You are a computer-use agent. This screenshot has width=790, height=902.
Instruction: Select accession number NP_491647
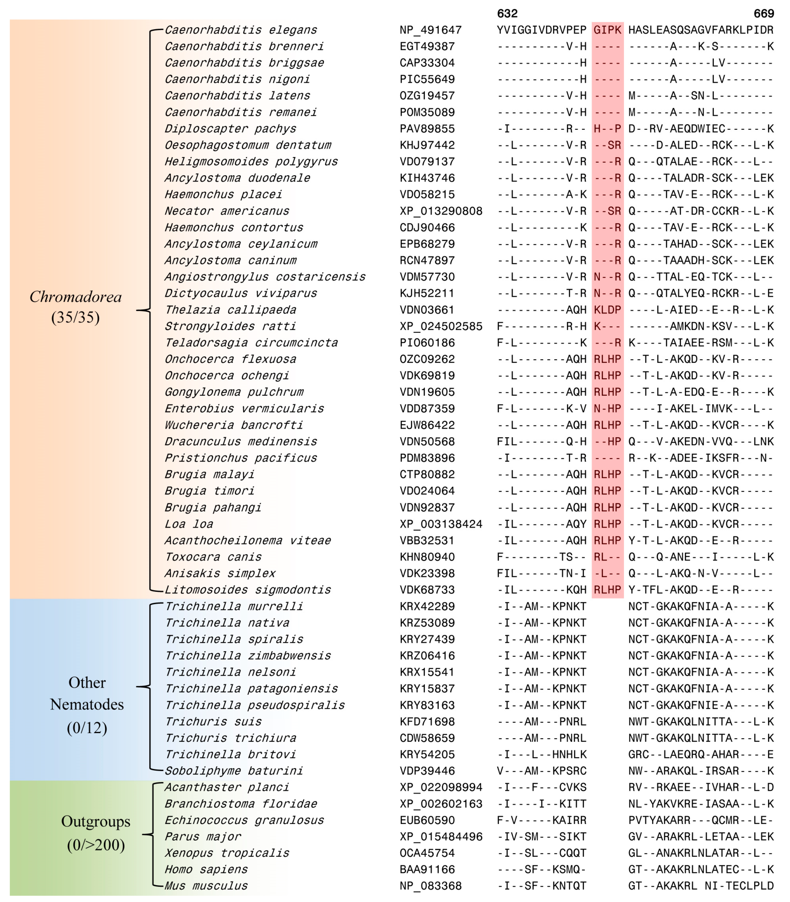[430, 30]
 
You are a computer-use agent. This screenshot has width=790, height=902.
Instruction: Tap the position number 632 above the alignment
[507, 13]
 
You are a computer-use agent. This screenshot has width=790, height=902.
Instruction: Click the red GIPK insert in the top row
[607, 30]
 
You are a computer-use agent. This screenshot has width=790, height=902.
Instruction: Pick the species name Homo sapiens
[206, 869]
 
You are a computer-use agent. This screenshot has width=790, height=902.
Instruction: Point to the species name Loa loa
[189, 524]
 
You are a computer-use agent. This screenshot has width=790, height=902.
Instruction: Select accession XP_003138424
[441, 524]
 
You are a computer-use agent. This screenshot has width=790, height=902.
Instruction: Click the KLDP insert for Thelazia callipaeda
[607, 310]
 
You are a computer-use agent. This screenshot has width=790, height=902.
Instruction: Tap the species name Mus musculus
[206, 886]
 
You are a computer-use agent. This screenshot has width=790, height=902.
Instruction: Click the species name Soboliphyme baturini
[234, 771]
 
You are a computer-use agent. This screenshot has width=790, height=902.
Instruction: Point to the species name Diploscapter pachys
[230, 129]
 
